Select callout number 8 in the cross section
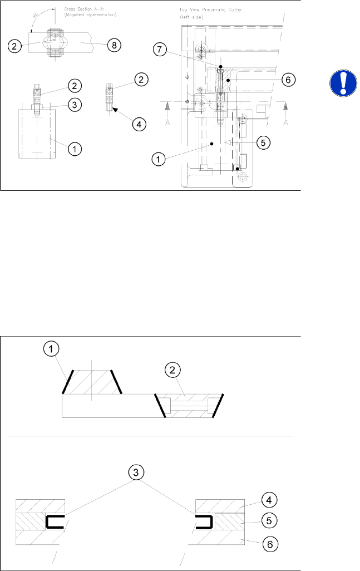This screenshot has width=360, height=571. pos(113,45)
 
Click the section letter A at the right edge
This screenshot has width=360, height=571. pos(284,123)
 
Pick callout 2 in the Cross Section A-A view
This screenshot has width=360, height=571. pos(17,45)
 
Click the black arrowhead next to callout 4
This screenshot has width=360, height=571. pos(115,110)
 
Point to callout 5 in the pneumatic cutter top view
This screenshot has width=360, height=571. pos(264,142)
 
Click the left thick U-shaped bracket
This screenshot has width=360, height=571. pos(54,521)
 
